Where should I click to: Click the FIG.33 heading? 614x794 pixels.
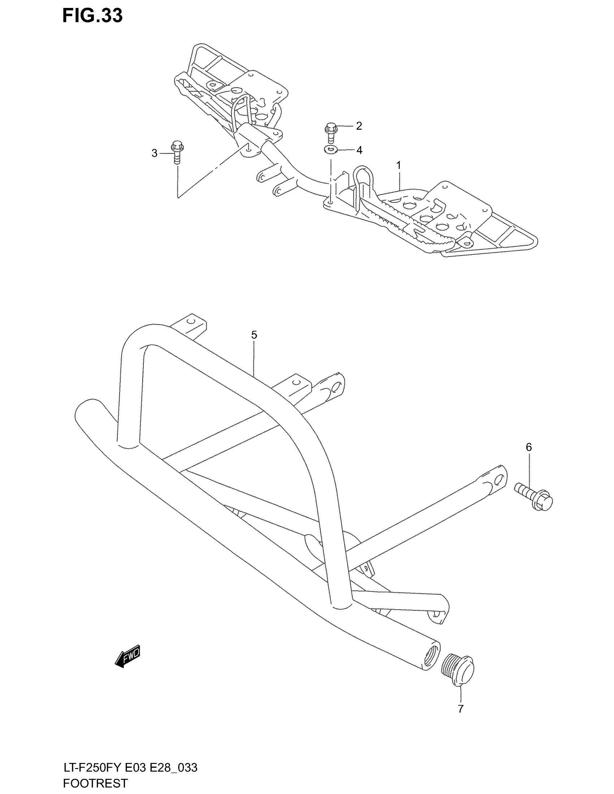(92, 16)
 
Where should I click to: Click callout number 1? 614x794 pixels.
(398, 165)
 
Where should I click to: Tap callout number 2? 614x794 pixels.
(359, 126)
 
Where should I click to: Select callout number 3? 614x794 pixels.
(155, 153)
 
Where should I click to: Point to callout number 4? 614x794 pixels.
(359, 150)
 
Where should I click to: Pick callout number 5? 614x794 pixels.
(254, 335)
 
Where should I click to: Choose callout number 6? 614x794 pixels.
(529, 447)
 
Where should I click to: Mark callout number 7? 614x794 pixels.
(461, 709)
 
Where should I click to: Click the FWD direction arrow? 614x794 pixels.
(127, 656)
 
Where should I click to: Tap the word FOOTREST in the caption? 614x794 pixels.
(95, 783)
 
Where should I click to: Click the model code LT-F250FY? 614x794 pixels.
(92, 768)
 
